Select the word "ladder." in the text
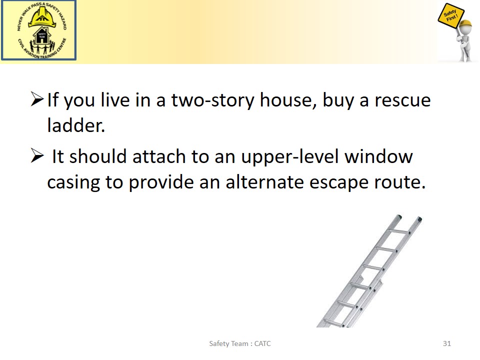pos(76,125)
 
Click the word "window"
pos(378,156)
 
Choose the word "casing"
pos(73,182)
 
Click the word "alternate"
pos(265,182)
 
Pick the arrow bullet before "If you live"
pos(37,99)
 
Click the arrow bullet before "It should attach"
pos(37,155)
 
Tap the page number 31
pos(447,343)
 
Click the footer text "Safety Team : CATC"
pos(239,343)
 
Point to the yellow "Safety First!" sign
pos(451,17)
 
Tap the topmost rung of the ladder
pos(398,231)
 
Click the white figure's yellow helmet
pos(465,23)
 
